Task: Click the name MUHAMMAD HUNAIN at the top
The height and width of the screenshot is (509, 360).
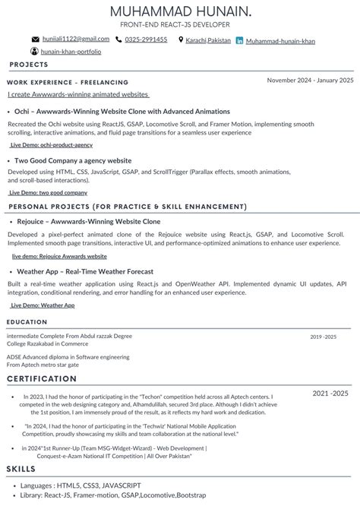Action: click(x=180, y=11)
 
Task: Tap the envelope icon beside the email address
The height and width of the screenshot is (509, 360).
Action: click(x=35, y=40)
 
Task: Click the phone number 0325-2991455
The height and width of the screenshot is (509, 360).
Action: click(x=146, y=40)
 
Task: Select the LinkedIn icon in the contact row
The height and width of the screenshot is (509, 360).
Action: click(x=240, y=40)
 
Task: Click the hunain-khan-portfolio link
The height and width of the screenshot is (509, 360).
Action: click(x=71, y=52)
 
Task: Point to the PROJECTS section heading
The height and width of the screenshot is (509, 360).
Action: click(x=29, y=65)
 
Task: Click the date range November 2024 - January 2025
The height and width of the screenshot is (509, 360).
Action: click(x=310, y=80)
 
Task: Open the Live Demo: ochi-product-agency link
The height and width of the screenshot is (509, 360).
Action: click(x=52, y=144)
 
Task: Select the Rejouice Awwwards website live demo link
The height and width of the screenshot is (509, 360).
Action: click(x=59, y=256)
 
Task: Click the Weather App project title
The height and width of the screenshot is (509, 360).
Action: click(x=85, y=271)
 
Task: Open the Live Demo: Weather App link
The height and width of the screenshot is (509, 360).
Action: click(x=43, y=305)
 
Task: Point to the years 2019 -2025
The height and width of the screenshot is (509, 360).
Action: click(x=323, y=336)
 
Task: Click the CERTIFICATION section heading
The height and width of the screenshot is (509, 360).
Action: click(x=37, y=378)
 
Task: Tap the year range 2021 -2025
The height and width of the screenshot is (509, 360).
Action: click(x=330, y=393)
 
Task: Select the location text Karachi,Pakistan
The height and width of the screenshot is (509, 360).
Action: click(x=209, y=40)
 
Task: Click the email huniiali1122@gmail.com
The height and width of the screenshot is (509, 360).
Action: click(x=76, y=39)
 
